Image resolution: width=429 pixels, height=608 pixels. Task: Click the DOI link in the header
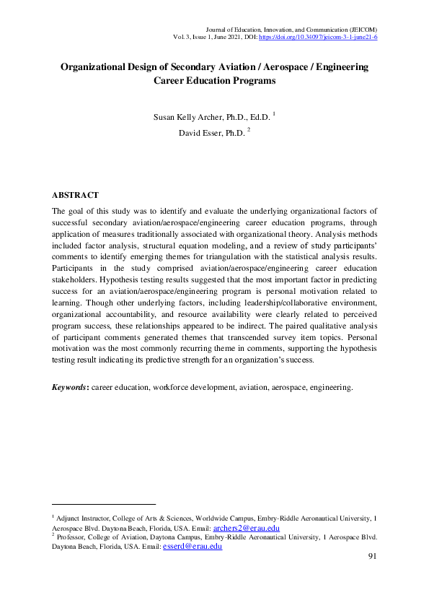(317, 37)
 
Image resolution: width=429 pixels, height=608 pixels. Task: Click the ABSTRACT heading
(75, 196)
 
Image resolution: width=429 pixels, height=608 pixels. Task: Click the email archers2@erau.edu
(246, 529)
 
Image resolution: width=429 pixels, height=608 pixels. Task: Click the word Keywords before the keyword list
(69, 387)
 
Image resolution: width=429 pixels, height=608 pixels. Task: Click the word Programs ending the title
(252, 81)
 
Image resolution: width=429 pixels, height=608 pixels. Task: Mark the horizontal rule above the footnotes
(104, 504)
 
